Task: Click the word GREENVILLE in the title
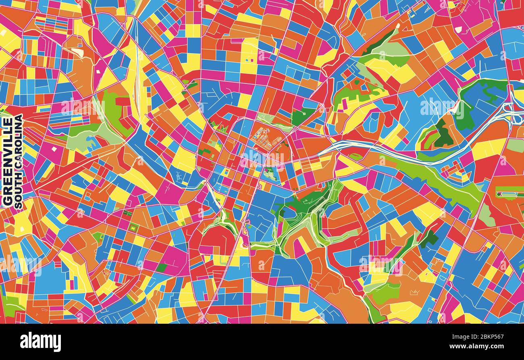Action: pos(7,161)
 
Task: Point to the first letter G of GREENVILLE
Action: pos(7,201)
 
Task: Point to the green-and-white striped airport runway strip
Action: pos(509,194)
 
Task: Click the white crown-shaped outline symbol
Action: pos(414,292)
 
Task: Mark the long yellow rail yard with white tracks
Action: pos(137,73)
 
